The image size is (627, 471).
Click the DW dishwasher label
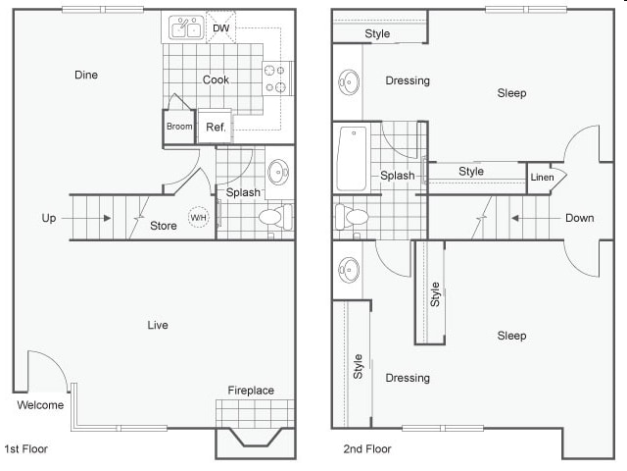pos(221,28)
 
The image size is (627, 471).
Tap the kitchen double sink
pos(186,28)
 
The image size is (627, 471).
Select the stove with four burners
pos(277,78)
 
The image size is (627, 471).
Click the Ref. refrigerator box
pos(216,127)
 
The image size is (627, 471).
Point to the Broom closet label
pos(179,127)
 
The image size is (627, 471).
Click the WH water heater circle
pos(199,218)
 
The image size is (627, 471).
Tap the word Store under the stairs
pos(164,227)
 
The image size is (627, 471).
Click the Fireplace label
pos(251,391)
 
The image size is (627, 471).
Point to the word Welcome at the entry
pos(40,405)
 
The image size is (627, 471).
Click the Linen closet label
pos(542,178)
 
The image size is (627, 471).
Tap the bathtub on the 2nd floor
pos(352,158)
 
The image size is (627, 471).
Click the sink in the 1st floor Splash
pos(278,172)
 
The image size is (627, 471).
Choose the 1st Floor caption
pos(26,448)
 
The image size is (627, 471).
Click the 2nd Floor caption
pos(366,448)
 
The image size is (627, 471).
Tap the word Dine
pos(86,75)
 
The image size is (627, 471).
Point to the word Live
pos(157,325)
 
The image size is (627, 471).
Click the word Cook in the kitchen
pos(216,79)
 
